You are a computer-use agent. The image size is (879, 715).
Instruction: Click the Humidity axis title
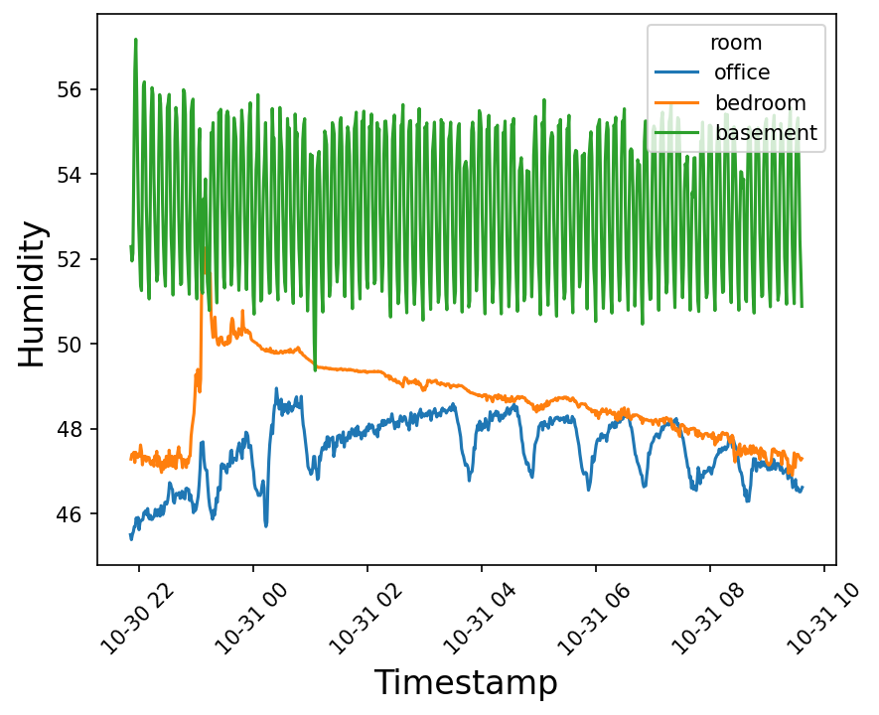[x=33, y=294]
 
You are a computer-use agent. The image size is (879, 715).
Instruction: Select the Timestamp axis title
[x=466, y=683]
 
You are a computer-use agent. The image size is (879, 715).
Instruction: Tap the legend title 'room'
[x=736, y=43]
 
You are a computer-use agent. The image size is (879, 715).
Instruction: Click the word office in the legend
[x=742, y=71]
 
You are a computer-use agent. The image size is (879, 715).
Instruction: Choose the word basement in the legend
[x=766, y=132]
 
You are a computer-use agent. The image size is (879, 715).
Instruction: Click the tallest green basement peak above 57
[x=135, y=40]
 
